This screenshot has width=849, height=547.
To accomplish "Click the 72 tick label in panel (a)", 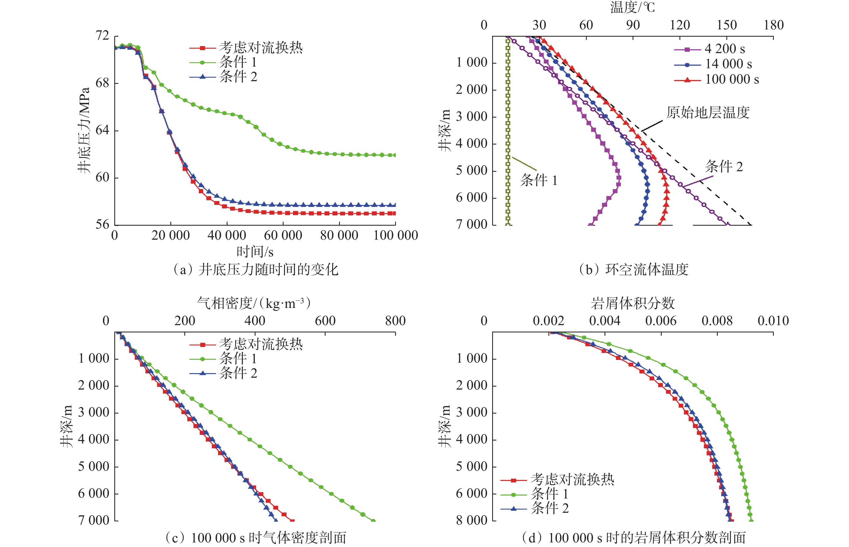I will [102, 36].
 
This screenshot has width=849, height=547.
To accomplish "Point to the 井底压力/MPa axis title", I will [84, 130].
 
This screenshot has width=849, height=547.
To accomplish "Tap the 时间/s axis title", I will [255, 252].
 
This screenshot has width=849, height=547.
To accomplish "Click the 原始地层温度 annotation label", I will [708, 113].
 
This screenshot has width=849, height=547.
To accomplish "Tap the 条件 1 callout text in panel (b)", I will [539, 180].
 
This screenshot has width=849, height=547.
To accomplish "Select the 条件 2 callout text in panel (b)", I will [724, 166].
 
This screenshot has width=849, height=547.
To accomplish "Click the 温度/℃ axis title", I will [632, 7].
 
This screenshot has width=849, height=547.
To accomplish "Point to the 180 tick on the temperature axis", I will [773, 25].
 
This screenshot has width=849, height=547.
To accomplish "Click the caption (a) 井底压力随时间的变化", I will [255, 270].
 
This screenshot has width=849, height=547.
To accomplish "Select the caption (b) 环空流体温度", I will [633, 270].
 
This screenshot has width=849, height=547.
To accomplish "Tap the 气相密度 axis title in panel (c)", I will [254, 303].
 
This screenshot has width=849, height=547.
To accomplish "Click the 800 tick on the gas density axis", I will [395, 321].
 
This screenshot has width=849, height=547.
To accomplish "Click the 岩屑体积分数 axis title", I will [632, 303].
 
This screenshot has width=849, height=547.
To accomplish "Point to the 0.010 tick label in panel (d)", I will [773, 321].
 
